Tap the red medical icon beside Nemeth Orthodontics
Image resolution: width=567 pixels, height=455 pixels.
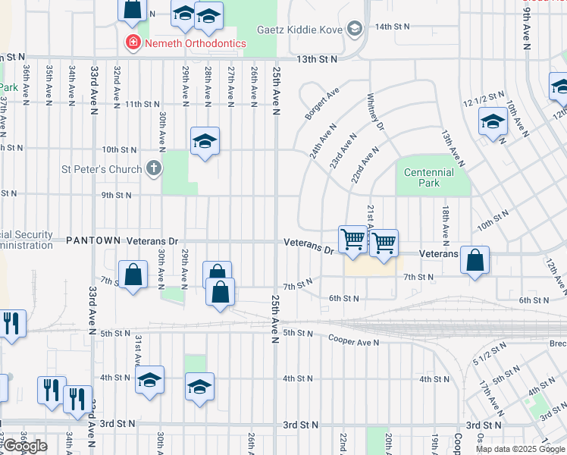133,43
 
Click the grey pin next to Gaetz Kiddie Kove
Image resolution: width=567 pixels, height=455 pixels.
354,29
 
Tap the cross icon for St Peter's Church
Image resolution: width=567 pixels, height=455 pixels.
154,168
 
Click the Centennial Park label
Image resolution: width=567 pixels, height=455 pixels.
428,177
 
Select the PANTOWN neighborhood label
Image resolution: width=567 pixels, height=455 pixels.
93,240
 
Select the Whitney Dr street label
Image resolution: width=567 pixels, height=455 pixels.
377,112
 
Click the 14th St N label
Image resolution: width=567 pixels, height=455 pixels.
392,26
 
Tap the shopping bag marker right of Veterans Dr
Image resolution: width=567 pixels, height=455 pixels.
475,261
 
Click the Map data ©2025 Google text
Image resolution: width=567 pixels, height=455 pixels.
520,449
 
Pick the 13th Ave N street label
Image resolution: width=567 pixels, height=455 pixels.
453,148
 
